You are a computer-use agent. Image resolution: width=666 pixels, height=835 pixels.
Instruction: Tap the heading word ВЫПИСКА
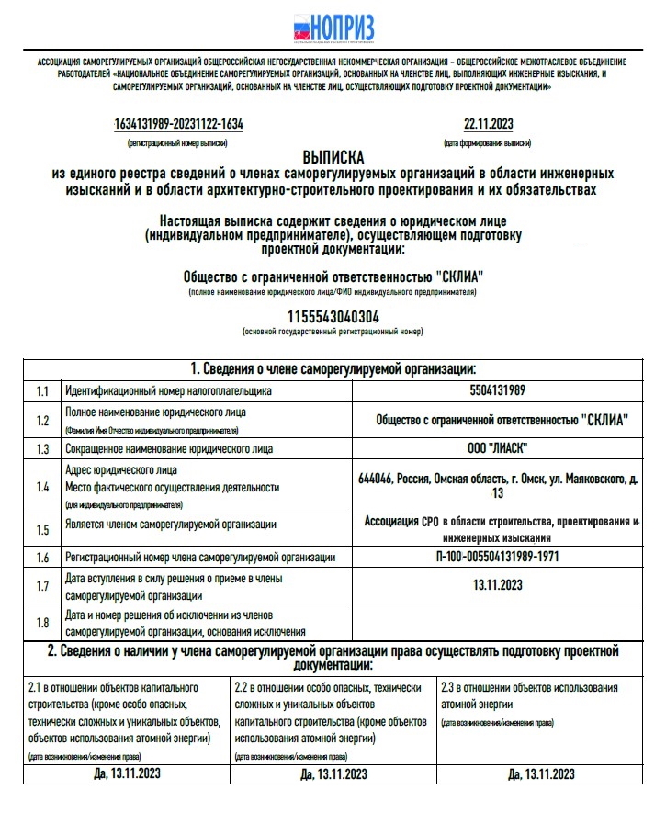333,156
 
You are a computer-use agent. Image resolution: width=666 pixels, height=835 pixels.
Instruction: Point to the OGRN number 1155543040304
333,316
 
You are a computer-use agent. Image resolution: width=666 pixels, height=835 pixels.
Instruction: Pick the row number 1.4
42,487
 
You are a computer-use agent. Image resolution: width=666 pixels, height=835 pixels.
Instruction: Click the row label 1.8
42,623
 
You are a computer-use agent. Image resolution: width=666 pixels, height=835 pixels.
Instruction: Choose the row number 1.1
42,391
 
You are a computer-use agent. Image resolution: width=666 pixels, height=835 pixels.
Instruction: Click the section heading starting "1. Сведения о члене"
333,369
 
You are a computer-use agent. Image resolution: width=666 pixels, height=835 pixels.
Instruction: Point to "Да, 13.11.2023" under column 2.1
127,773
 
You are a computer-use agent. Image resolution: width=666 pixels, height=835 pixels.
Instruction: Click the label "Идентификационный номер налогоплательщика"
168,391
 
